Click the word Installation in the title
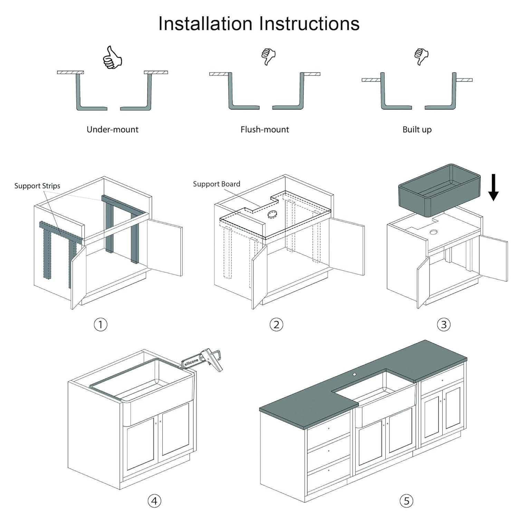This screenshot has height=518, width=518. pos(205,23)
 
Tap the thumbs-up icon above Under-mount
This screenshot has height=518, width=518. pos(112,57)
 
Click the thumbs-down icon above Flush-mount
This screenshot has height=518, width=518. pos(268,56)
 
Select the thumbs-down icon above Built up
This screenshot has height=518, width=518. pos(421,56)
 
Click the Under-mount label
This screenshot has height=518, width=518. pos(112,129)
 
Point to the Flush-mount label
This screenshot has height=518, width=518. pos(265,129)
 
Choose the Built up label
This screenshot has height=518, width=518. pos(417,129)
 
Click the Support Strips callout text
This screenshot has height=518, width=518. pos(37,186)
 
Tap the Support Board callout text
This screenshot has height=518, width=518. pos(217,184)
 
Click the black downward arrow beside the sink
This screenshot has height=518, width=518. pos(493,187)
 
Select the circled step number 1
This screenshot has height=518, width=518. pos(100,325)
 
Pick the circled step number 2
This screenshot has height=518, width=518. pos(276,325)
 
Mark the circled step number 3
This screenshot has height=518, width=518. pos(444,325)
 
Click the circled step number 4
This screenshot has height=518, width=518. pos(154,501)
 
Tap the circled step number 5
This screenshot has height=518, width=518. pos(406,501)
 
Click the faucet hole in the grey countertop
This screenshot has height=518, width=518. pos(354,374)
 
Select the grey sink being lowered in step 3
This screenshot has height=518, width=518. pos(439,190)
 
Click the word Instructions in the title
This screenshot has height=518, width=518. pos(309,23)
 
